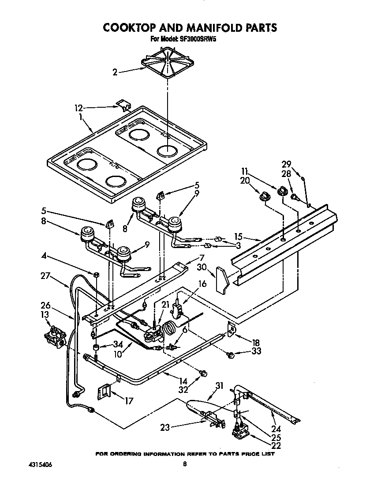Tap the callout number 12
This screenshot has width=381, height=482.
[78, 107]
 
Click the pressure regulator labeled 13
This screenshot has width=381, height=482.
[55, 333]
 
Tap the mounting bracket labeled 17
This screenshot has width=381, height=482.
[105, 391]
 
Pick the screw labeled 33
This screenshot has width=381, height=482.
[230, 354]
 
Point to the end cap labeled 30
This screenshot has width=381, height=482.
[223, 280]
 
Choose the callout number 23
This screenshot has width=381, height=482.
[166, 427]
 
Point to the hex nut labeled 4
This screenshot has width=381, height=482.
[97, 275]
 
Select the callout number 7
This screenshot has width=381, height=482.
[202, 257]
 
